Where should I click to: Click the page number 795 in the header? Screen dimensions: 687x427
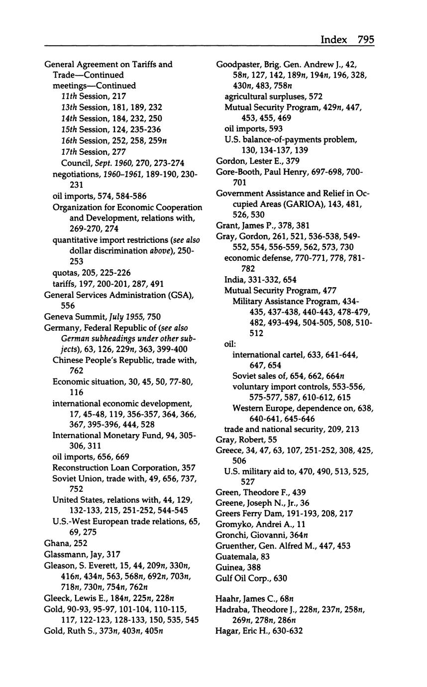(365, 40)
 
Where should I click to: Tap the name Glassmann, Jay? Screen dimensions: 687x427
(75, 554)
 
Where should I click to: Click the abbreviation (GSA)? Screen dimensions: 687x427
(181, 295)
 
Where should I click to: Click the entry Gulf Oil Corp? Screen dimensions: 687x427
(244, 578)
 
